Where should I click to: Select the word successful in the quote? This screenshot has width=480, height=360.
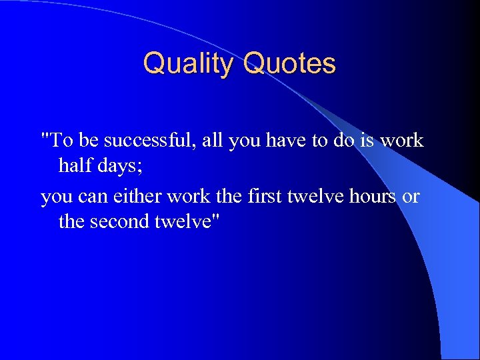click(141, 141)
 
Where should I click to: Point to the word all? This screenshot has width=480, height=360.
click(209, 141)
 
